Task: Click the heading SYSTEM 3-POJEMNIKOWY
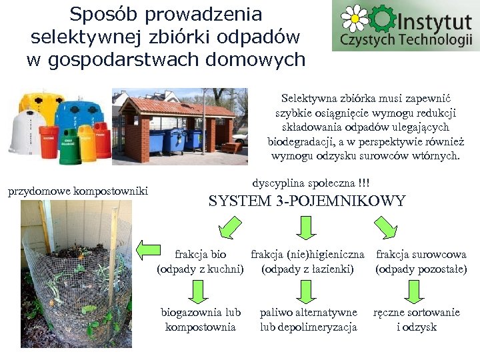pyautogui.click(x=307, y=201)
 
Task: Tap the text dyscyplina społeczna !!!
pyautogui.click(x=311, y=183)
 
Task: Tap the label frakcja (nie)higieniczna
pyautogui.click(x=307, y=254)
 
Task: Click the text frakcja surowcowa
pyautogui.click(x=421, y=254)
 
